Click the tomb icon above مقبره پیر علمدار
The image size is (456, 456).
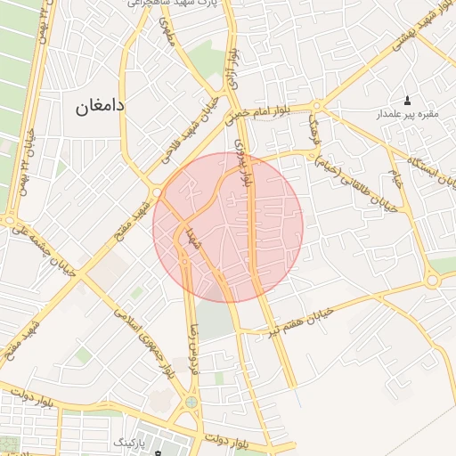tap(408, 100)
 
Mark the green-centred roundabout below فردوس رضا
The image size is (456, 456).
tap(191, 406)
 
